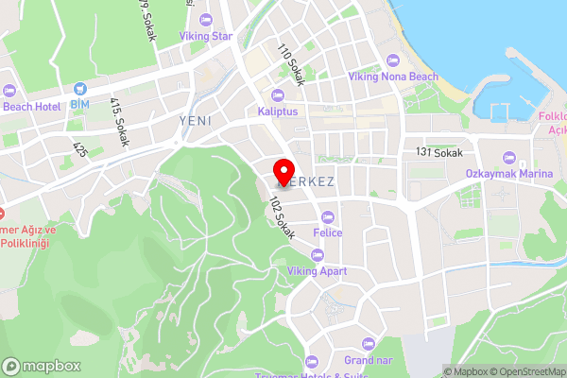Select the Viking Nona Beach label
(x=393, y=76)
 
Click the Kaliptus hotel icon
(x=277, y=94)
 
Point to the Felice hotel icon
(x=328, y=215)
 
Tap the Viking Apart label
(x=318, y=271)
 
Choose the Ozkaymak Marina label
(x=507, y=174)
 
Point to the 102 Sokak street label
(x=282, y=217)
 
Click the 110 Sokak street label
(x=291, y=65)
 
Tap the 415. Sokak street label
(x=119, y=121)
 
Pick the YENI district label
(x=196, y=121)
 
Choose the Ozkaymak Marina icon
(x=508, y=157)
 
